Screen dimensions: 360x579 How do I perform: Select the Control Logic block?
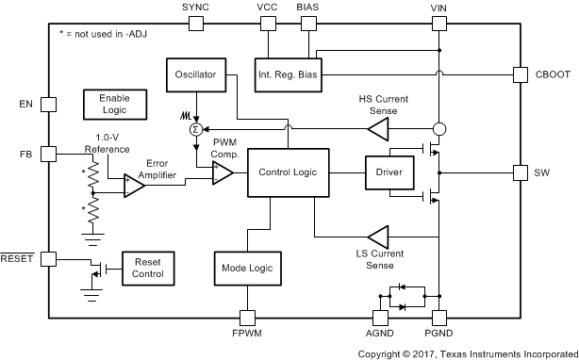pyautogui.click(x=288, y=172)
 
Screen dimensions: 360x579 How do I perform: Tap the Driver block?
pyautogui.click(x=389, y=172)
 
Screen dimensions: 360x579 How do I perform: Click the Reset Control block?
pyautogui.click(x=149, y=268)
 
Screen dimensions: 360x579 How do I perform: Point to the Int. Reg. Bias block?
pyautogui.click(x=289, y=74)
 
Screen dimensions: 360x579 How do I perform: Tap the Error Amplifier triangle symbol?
pyautogui.click(x=134, y=187)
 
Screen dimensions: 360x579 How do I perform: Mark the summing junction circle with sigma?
pyautogui.click(x=196, y=129)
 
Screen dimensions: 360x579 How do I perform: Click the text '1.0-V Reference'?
pyautogui.click(x=108, y=141)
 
